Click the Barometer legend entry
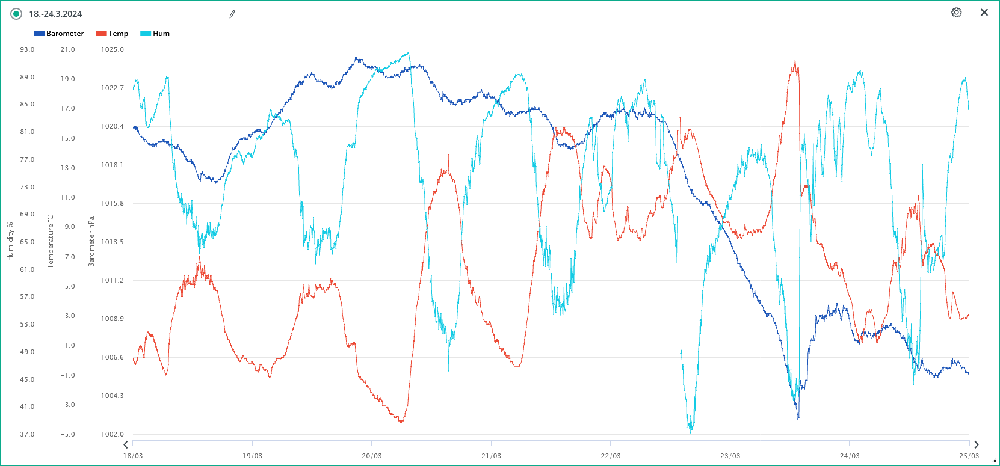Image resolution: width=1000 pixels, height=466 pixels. tap(59, 34)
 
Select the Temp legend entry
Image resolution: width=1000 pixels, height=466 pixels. tap(113, 34)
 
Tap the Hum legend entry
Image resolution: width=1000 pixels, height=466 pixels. tap(155, 34)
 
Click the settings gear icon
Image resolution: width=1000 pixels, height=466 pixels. tap(956, 13)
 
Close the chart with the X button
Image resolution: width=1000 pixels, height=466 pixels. tap(984, 13)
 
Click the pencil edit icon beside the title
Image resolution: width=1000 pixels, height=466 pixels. tap(232, 14)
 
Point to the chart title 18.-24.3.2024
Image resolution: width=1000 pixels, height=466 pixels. tap(55, 14)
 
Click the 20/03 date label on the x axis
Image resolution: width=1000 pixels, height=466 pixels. tap(372, 456)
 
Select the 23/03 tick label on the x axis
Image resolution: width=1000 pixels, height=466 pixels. tap(730, 456)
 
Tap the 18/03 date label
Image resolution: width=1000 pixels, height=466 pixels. tap(133, 456)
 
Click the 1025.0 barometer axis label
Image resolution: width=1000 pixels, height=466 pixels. tap(112, 49)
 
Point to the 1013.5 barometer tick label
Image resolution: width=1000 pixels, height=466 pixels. tap(112, 242)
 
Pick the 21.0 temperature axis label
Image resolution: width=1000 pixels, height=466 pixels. tap(67, 49)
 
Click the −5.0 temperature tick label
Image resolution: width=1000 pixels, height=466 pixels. tap(67, 434)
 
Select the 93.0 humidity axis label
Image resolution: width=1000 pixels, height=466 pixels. tap(27, 49)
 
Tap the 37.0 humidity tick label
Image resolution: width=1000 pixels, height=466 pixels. tap(27, 434)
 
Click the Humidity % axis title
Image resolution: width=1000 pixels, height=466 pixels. tap(10, 242)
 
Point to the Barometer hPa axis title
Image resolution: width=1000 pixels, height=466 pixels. tap(91, 242)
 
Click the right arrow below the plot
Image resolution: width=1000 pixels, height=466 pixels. tap(976, 445)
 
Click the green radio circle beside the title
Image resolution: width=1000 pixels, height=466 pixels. tap(16, 14)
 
